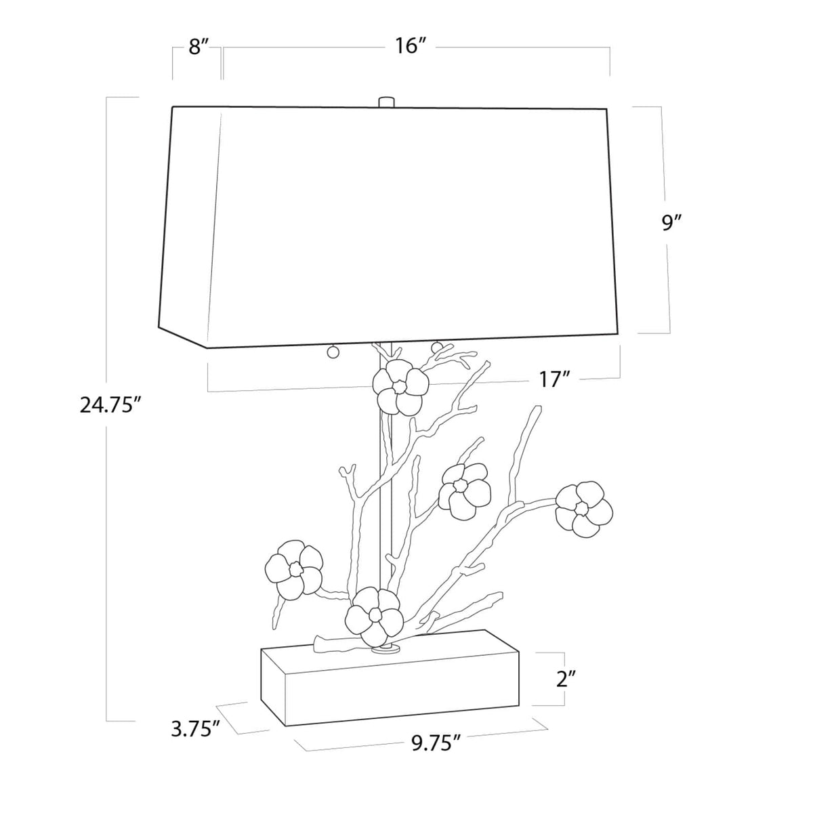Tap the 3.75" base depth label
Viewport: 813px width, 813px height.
(195, 730)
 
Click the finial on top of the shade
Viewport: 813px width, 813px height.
(386, 102)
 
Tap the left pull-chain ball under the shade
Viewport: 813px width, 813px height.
(333, 352)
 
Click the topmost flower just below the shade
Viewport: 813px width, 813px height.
(399, 387)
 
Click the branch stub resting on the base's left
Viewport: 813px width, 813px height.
(332, 645)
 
